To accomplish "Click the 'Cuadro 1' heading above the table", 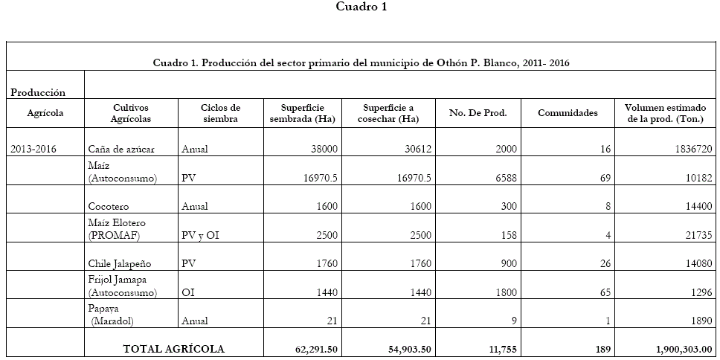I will (x=361, y=7).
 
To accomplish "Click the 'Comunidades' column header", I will (x=568, y=113).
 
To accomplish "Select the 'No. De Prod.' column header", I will (x=478, y=113).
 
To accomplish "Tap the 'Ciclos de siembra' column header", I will (x=220, y=113).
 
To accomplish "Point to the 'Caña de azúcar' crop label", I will (x=120, y=149).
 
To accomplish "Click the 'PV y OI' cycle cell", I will (x=202, y=235).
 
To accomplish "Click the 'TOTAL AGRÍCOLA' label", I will (x=173, y=348).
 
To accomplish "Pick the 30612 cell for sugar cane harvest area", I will (x=417, y=149).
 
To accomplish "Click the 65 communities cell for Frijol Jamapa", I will (x=603, y=293).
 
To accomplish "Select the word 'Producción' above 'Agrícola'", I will (x=38, y=92).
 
